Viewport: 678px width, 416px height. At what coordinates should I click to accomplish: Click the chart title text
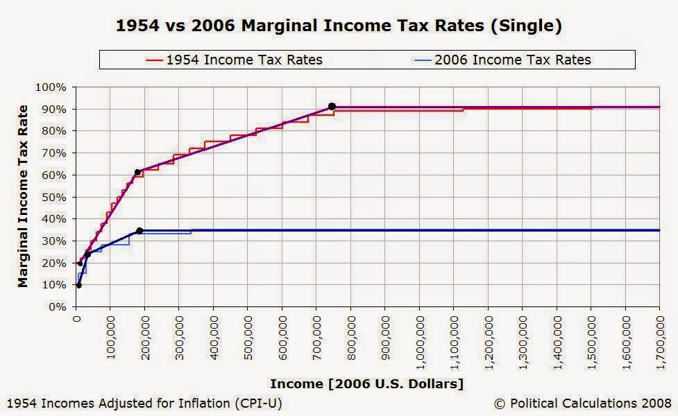coord(339,26)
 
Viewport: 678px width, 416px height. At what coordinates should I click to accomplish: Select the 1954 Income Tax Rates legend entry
coord(234,60)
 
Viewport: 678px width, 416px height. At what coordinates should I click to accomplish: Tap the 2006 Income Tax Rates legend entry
coord(502,60)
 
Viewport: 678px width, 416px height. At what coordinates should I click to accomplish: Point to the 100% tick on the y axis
coord(51,87)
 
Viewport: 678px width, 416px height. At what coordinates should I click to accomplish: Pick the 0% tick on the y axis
coord(57,307)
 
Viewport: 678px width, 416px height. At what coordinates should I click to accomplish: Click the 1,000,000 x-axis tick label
coord(421,343)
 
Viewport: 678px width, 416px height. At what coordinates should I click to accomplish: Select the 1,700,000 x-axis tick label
coord(661,343)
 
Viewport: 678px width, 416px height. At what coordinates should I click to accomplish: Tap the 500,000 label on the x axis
coord(248,338)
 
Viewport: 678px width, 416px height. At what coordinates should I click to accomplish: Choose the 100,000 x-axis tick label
coord(111,338)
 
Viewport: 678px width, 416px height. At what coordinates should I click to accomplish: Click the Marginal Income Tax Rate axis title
coord(22,196)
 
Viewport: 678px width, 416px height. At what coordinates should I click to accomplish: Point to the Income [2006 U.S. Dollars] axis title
coord(366,383)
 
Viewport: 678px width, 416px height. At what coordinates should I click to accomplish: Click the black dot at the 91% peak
coord(332,106)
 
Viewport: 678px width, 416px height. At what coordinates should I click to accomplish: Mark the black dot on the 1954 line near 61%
coord(137,173)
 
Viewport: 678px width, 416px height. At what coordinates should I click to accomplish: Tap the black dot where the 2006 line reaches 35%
coord(139,231)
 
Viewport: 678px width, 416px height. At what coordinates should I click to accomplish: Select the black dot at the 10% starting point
coord(78,285)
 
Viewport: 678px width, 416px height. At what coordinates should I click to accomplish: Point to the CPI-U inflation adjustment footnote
coord(144,404)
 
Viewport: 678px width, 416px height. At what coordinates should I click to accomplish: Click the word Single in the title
coord(526,26)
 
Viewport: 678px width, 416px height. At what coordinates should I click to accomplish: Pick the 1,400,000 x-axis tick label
coord(558,343)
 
